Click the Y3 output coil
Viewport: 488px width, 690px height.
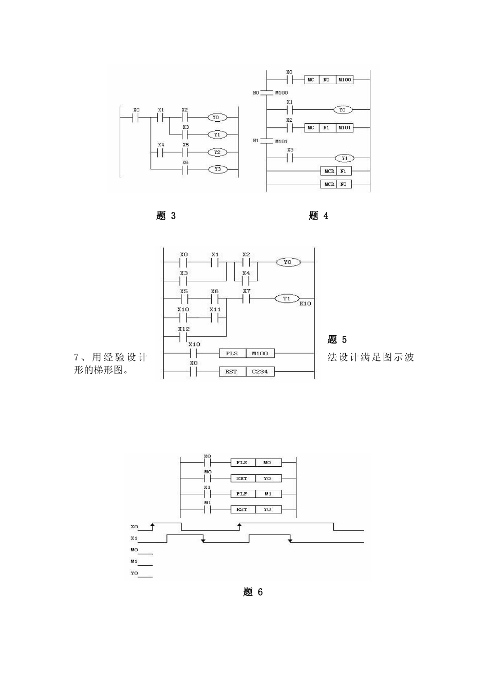click(217, 169)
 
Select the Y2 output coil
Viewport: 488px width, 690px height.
click(217, 152)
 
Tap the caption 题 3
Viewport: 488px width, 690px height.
click(166, 216)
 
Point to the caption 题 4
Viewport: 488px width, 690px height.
click(318, 216)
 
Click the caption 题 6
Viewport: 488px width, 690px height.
click(253, 592)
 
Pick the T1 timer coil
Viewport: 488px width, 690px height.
click(287, 298)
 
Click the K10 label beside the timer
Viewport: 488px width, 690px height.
click(306, 304)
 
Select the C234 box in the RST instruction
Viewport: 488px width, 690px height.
click(260, 371)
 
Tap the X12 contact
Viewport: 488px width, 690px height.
click(183, 337)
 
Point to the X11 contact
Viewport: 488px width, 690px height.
click(215, 317)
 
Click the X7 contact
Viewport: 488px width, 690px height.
click(247, 298)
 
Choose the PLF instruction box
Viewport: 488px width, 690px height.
click(242, 494)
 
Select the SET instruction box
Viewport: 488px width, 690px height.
click(242, 478)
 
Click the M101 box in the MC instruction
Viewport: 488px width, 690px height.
click(345, 127)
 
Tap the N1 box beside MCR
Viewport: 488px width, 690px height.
click(344, 171)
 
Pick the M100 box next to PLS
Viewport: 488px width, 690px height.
click(260, 353)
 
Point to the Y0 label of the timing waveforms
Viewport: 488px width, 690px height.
click(134, 573)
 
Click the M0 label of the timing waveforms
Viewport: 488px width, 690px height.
click(134, 550)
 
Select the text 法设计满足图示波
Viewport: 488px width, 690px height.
click(371, 357)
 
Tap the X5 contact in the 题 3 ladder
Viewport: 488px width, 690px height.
click(185, 152)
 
